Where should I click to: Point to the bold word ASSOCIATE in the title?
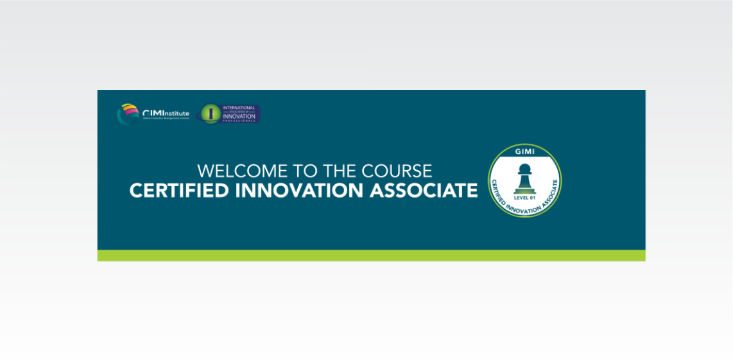tap(435, 191)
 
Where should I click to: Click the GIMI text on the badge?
tap(524, 152)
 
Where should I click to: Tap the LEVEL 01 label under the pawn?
tap(524, 198)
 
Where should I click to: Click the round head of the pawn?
tap(524, 168)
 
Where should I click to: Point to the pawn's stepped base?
tap(524, 190)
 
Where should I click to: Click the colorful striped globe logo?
tap(128, 114)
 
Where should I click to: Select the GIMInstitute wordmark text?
tap(166, 113)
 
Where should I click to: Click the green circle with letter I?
tap(210, 114)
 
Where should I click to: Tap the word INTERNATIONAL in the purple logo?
tap(239, 108)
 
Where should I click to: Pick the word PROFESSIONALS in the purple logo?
tap(239, 121)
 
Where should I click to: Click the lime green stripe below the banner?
tap(371, 255)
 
